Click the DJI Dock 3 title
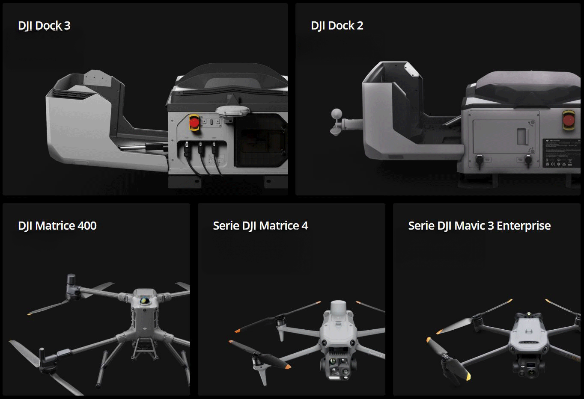click(x=44, y=26)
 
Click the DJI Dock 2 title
click(x=337, y=26)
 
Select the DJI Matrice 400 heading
click(x=57, y=225)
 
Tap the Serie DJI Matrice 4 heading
click(x=260, y=225)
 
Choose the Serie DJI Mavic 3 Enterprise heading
click(x=479, y=225)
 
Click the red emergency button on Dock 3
click(x=194, y=123)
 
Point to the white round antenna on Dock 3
click(x=233, y=111)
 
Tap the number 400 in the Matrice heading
click(x=87, y=225)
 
